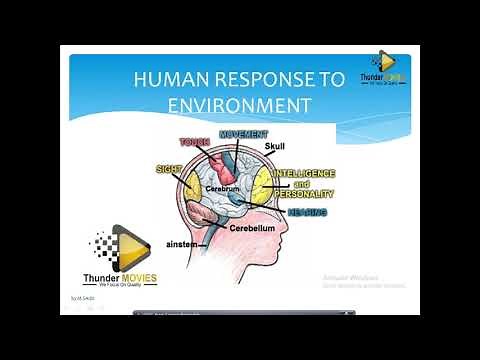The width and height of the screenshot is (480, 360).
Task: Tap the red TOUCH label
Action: (195, 143)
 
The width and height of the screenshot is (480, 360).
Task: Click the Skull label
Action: (275, 147)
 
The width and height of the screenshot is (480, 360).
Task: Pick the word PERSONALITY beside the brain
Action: (300, 195)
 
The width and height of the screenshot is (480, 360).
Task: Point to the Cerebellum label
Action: (251, 228)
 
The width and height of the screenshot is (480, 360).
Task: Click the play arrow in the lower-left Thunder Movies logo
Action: (133, 248)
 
